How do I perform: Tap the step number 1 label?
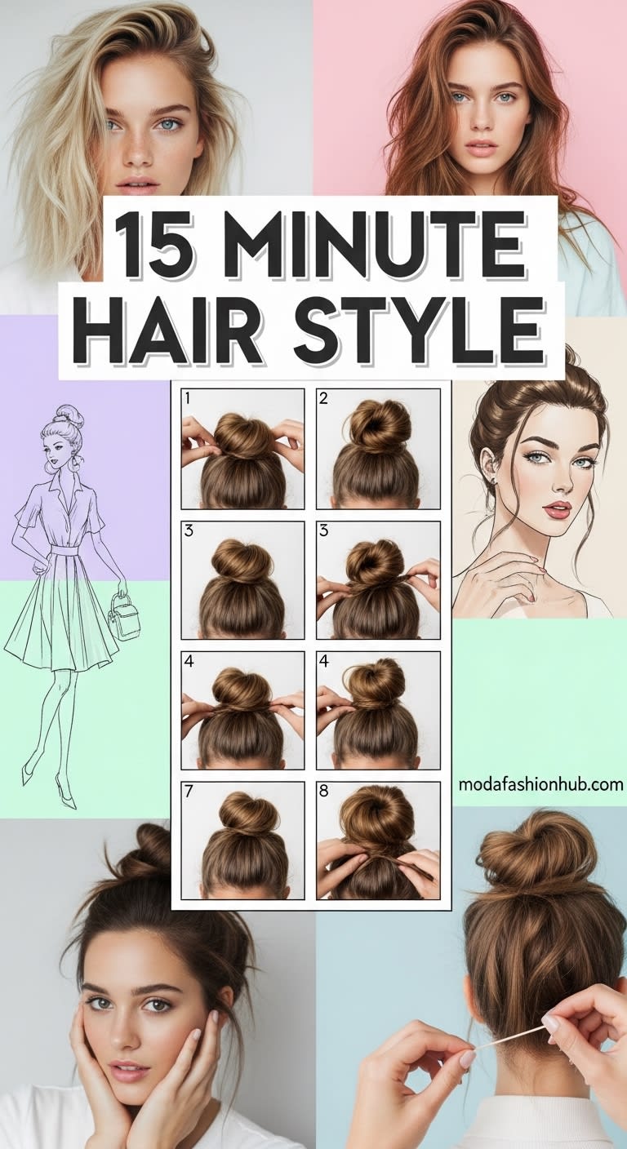pyautogui.click(x=188, y=398)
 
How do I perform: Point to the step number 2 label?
pyautogui.click(x=323, y=398)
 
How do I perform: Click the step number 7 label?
pyautogui.click(x=189, y=791)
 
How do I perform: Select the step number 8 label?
pyautogui.click(x=323, y=791)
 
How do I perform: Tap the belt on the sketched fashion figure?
pyautogui.click(x=64, y=550)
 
